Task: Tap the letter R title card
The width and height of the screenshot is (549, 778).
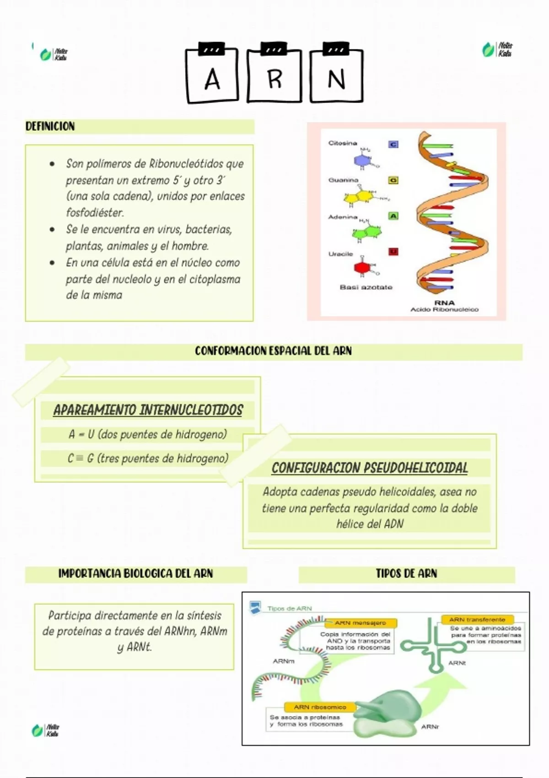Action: [x=274, y=77]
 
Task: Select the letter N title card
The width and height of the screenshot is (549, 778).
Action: [x=336, y=77]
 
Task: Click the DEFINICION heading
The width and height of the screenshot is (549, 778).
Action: [x=50, y=126]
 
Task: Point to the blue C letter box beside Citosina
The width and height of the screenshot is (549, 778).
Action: [x=393, y=144]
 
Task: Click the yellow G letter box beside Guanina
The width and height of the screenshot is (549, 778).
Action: [x=393, y=180]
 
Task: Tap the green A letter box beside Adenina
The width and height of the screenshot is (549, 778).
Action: [x=393, y=216]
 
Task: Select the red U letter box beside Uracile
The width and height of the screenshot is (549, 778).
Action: [x=393, y=251]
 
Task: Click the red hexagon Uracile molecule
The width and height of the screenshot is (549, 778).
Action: [x=362, y=267]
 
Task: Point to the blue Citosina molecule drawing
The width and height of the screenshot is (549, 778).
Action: [x=361, y=160]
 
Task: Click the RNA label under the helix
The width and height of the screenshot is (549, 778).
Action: [x=444, y=303]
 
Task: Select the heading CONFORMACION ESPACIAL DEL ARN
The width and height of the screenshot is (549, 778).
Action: [x=273, y=351]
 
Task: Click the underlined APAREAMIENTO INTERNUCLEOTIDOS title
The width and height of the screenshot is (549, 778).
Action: [x=148, y=410]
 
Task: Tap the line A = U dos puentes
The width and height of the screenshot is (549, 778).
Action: [x=148, y=434]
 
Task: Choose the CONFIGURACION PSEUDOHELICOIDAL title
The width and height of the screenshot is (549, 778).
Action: [x=370, y=468]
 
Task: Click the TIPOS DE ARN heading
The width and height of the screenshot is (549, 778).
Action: [x=406, y=573]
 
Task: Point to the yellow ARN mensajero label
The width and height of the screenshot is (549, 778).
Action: [x=361, y=623]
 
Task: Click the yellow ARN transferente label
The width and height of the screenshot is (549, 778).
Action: [x=477, y=620]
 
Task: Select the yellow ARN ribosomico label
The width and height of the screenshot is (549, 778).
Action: [x=320, y=707]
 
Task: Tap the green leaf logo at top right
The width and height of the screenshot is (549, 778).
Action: [x=489, y=49]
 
